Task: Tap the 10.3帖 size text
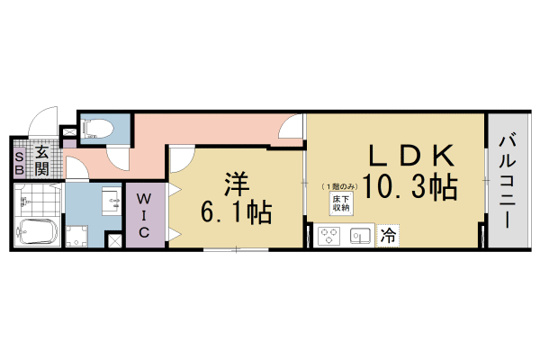point(409,188)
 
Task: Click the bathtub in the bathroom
point(37,231)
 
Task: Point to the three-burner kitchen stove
point(328,237)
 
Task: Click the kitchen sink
point(360,237)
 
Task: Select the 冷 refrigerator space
point(388,237)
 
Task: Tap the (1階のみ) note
point(340,184)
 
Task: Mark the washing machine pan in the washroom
point(76,235)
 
